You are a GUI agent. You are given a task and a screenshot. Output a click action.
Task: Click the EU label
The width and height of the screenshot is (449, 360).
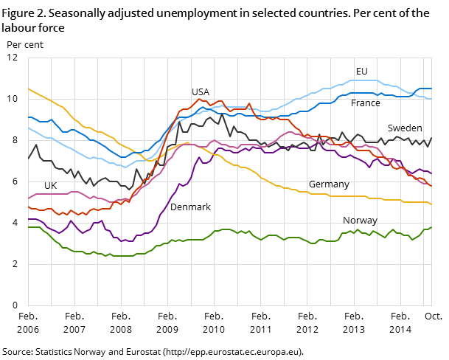coord(361,72)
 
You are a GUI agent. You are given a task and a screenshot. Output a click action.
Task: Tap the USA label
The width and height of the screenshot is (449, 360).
coord(201,92)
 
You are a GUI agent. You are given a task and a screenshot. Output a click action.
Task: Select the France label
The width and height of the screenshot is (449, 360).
coord(366,103)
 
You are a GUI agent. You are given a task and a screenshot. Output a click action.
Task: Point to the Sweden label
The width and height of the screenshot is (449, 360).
coord(405,128)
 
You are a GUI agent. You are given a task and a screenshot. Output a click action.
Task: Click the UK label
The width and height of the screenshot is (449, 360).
coord(50,186)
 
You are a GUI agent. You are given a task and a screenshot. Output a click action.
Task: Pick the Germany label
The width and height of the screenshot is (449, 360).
coord(329,184)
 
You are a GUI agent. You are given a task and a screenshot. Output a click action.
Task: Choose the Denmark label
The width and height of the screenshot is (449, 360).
coord(190,207)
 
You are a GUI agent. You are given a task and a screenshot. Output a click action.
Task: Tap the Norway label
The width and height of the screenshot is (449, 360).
coord(360,221)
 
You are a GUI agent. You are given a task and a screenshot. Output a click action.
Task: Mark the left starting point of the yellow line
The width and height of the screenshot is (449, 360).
coord(28,89)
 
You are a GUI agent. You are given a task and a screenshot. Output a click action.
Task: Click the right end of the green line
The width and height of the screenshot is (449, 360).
coord(431,227)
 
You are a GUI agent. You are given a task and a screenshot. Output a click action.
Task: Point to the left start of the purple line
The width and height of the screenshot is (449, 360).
coord(28,219)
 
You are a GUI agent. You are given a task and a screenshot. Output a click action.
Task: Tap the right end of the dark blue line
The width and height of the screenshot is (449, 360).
coord(431,89)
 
